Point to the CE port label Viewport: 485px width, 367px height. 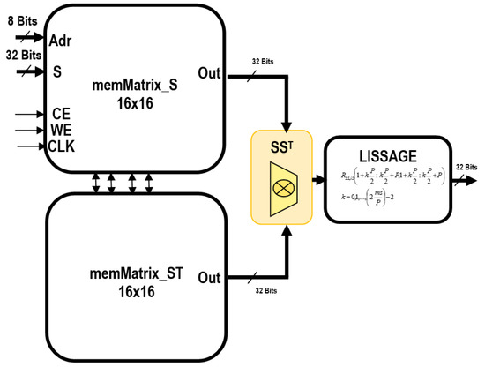coord(60,113)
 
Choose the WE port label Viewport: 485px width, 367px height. coord(60,130)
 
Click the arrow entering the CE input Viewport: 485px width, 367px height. coord(28,114)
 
